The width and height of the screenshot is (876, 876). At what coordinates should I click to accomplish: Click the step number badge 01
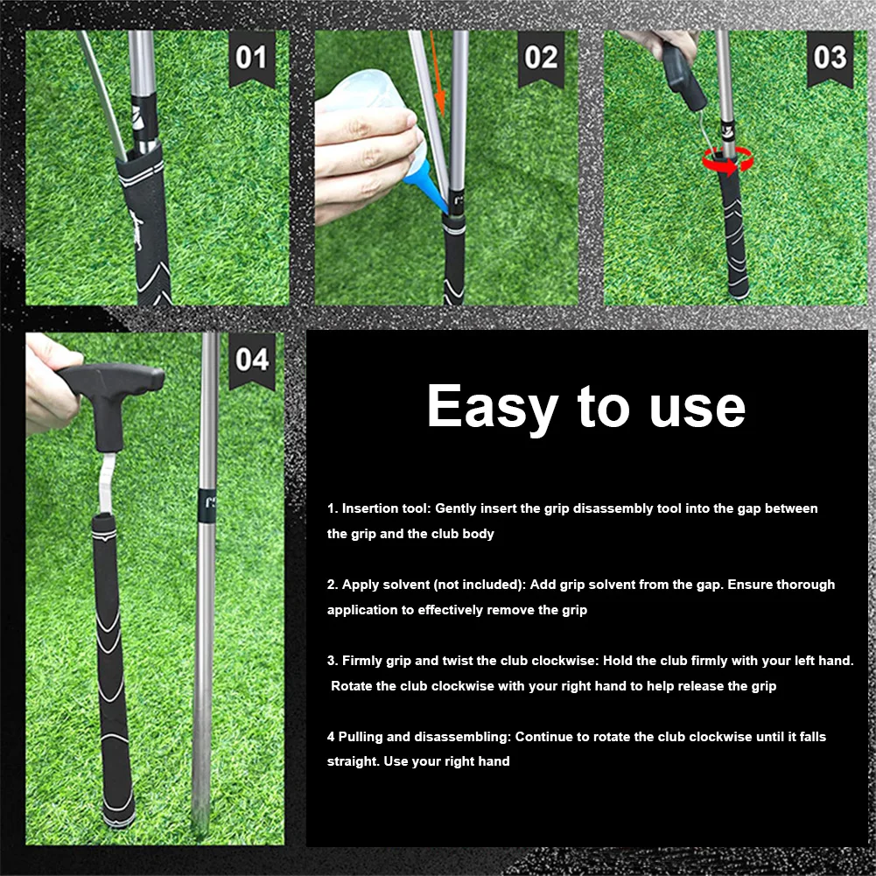[251, 59]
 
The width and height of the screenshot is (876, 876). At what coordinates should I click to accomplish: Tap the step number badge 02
[541, 59]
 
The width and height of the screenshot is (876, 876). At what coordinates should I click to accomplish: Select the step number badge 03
[830, 59]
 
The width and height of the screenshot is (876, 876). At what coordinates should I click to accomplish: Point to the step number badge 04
[251, 360]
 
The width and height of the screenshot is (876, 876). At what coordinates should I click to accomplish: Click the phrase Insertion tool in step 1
[385, 508]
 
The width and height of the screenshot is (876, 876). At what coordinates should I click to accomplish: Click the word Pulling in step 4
[368, 737]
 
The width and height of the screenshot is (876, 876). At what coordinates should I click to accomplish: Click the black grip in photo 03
[733, 236]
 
